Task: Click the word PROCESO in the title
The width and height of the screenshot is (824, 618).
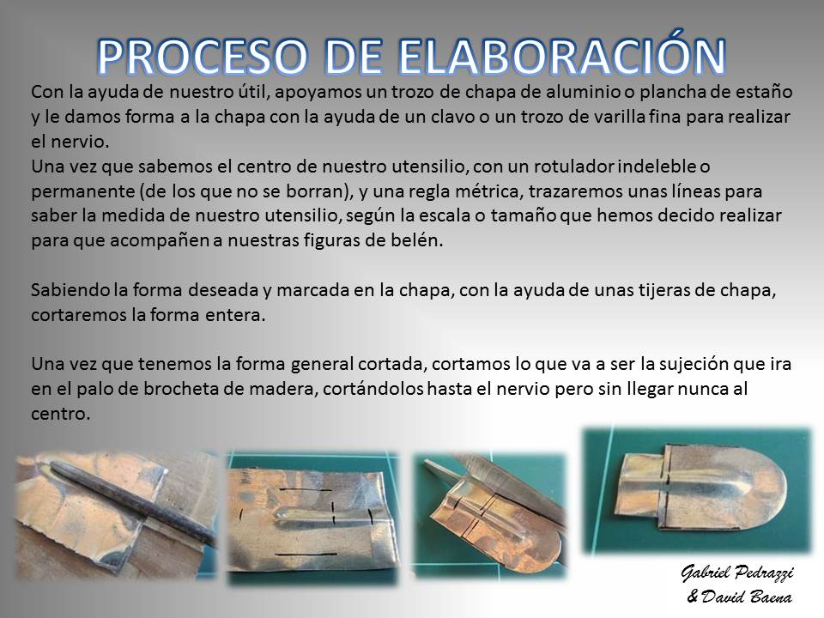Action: [202, 57]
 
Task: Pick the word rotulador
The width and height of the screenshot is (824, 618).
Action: [574, 166]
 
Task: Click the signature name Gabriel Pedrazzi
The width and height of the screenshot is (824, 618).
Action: [736, 573]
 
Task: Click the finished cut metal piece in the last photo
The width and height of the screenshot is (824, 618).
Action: [701, 486]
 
